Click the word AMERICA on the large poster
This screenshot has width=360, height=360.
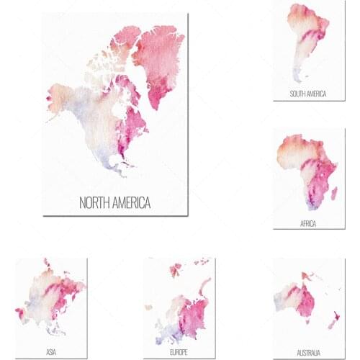(x=132, y=203)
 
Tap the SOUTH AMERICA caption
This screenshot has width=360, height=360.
(x=307, y=94)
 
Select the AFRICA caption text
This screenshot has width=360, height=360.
(x=308, y=224)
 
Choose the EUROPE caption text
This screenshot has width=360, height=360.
(x=179, y=351)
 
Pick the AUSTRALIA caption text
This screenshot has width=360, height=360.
(x=308, y=351)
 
